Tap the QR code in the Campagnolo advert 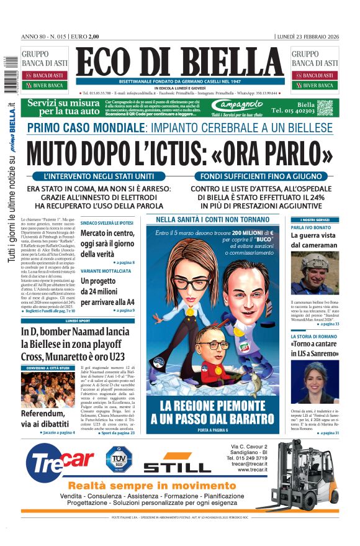[x=325, y=107]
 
